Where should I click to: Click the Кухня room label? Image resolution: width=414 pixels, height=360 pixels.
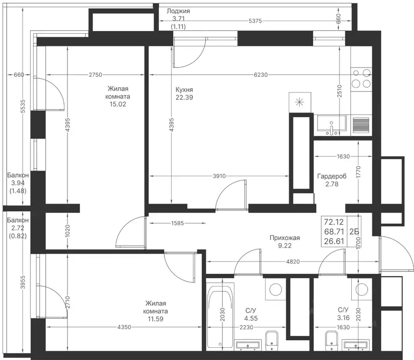pos(185,90)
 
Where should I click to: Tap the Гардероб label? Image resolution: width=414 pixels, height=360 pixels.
pos(332,176)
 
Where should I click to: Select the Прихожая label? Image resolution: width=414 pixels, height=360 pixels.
pos(285,238)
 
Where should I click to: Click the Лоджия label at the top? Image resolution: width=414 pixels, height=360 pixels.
pos(178,11)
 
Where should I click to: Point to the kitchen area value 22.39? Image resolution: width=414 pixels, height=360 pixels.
pos(185,97)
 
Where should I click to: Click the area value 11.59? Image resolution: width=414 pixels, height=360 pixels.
pos(155,319)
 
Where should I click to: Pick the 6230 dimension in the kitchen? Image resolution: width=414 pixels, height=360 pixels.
pos(260,75)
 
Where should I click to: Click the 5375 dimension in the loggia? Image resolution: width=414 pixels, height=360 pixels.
pos(255,21)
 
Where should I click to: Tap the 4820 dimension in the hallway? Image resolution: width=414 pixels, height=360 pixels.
pos(293,262)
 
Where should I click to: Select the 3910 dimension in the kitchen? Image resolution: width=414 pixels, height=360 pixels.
pos(219,176)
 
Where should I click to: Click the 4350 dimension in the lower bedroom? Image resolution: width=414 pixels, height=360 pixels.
pos(124,327)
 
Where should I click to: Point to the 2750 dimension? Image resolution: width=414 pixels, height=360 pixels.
pos(96,75)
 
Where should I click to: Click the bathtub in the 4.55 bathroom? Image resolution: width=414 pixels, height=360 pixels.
pos(221,315)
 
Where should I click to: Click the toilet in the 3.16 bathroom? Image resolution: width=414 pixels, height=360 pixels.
pos(332,340)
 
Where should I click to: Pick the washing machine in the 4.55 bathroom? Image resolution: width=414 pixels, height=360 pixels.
pos(276,289)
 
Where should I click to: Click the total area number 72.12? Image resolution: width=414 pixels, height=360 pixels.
pos(334,222)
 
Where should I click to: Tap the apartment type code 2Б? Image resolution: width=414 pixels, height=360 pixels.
pos(354,232)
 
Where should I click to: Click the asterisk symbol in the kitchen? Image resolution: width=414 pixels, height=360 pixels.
pos(300,102)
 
